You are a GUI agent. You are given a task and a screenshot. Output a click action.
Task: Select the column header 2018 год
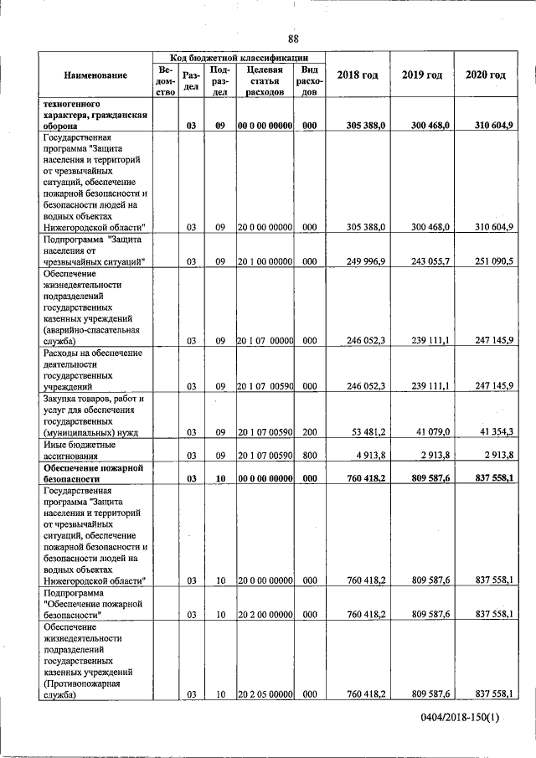point(357,75)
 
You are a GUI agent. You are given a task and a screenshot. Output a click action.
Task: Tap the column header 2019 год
point(421,75)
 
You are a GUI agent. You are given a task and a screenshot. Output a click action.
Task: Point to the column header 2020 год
point(486,75)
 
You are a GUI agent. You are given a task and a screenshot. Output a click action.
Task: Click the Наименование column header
point(95,75)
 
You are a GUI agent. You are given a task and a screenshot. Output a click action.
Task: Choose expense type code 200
point(309,432)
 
